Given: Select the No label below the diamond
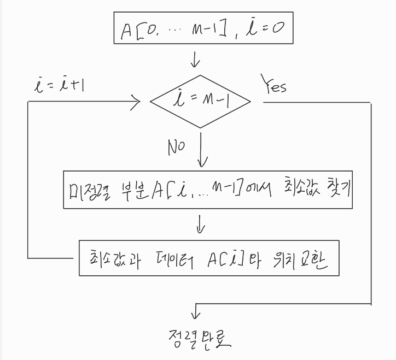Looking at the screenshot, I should click(176, 147).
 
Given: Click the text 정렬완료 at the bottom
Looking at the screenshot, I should click(200, 340).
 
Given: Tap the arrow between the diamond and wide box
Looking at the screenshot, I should click(203, 153).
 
